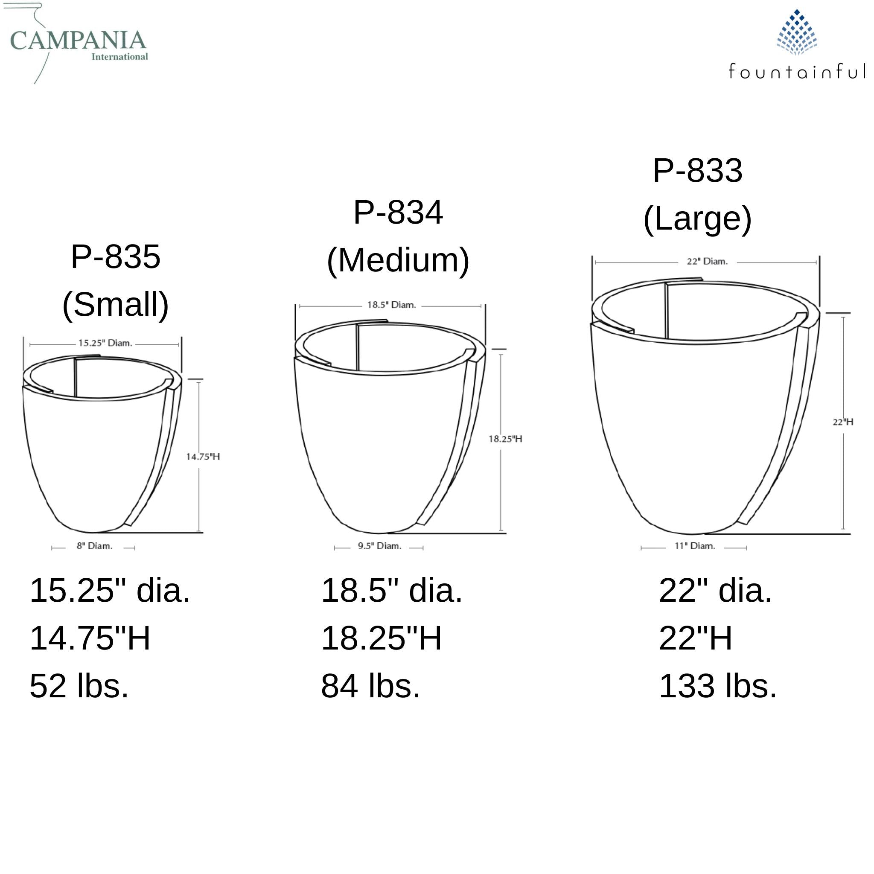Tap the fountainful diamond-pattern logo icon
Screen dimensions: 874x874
click(x=797, y=32)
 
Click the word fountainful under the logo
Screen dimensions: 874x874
click(x=797, y=71)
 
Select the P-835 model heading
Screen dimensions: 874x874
click(x=115, y=257)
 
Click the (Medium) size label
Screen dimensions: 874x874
click(x=398, y=261)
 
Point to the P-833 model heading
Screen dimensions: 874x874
click(x=697, y=171)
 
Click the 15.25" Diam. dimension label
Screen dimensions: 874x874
click(x=105, y=344)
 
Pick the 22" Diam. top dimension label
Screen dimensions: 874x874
click(x=707, y=262)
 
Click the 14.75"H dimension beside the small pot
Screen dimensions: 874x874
click(x=203, y=457)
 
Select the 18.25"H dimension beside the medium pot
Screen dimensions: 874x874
click(x=505, y=439)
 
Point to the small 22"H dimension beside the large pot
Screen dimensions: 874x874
click(x=842, y=422)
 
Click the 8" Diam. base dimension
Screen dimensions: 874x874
click(x=94, y=546)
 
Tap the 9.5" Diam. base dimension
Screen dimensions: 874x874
click(x=379, y=546)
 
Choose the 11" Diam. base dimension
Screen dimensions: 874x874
click(x=694, y=546)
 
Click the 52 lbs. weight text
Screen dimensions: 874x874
click(x=79, y=686)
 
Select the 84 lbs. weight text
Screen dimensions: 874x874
click(x=370, y=686)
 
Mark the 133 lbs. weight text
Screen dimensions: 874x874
click(x=717, y=686)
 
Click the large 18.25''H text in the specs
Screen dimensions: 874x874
click(x=381, y=638)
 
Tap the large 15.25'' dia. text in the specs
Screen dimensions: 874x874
click(x=110, y=591)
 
